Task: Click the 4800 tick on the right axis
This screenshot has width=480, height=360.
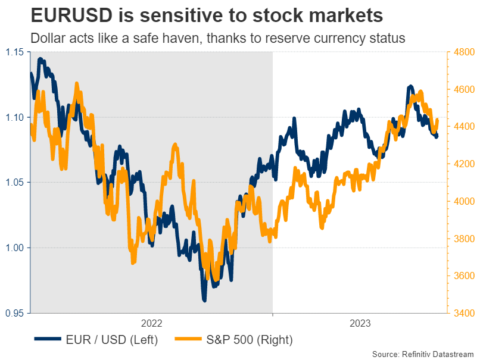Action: click(462, 52)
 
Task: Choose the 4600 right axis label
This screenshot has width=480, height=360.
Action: click(462, 89)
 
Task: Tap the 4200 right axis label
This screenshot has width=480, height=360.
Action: click(462, 164)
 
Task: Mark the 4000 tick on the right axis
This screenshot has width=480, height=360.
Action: click(462, 201)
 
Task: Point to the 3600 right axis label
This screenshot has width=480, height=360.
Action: click(462, 276)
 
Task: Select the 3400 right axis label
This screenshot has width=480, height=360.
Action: click(462, 312)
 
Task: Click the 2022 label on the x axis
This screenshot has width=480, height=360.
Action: click(151, 323)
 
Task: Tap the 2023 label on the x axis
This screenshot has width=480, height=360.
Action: click(359, 323)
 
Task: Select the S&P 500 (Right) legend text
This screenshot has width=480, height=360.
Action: click(250, 340)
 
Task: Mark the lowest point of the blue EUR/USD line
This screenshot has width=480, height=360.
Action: click(204, 300)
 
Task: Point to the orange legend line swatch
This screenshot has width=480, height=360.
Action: click(189, 340)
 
